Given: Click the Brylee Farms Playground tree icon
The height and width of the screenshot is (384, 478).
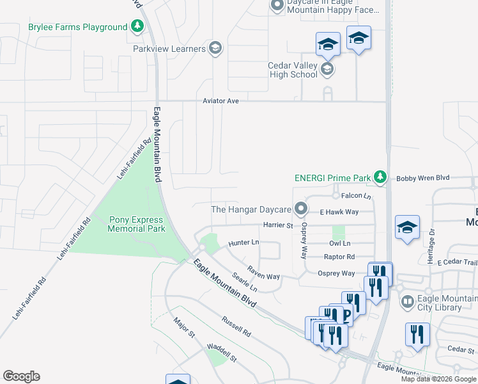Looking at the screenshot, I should [137, 27].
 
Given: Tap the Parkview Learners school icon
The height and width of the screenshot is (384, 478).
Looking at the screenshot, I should [215, 49].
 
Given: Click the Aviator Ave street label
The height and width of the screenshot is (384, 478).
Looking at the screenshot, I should [220, 101].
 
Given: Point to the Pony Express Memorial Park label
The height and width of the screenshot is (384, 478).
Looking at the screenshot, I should [137, 224].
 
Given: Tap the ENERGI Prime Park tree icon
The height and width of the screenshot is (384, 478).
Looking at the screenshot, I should [381, 177].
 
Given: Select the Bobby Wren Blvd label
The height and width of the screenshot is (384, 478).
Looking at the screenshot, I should [423, 178].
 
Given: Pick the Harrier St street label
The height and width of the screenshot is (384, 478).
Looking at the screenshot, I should [277, 225].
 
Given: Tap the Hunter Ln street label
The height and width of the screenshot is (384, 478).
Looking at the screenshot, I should [243, 243].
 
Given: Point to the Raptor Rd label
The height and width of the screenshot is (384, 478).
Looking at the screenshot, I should [339, 257].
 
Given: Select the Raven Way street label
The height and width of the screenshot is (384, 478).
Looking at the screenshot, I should [264, 273].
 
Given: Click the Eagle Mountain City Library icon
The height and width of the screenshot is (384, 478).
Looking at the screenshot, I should [407, 301].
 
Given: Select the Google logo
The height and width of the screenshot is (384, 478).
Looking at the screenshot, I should [21, 376].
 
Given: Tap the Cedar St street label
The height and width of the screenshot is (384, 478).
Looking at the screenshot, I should [460, 349].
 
